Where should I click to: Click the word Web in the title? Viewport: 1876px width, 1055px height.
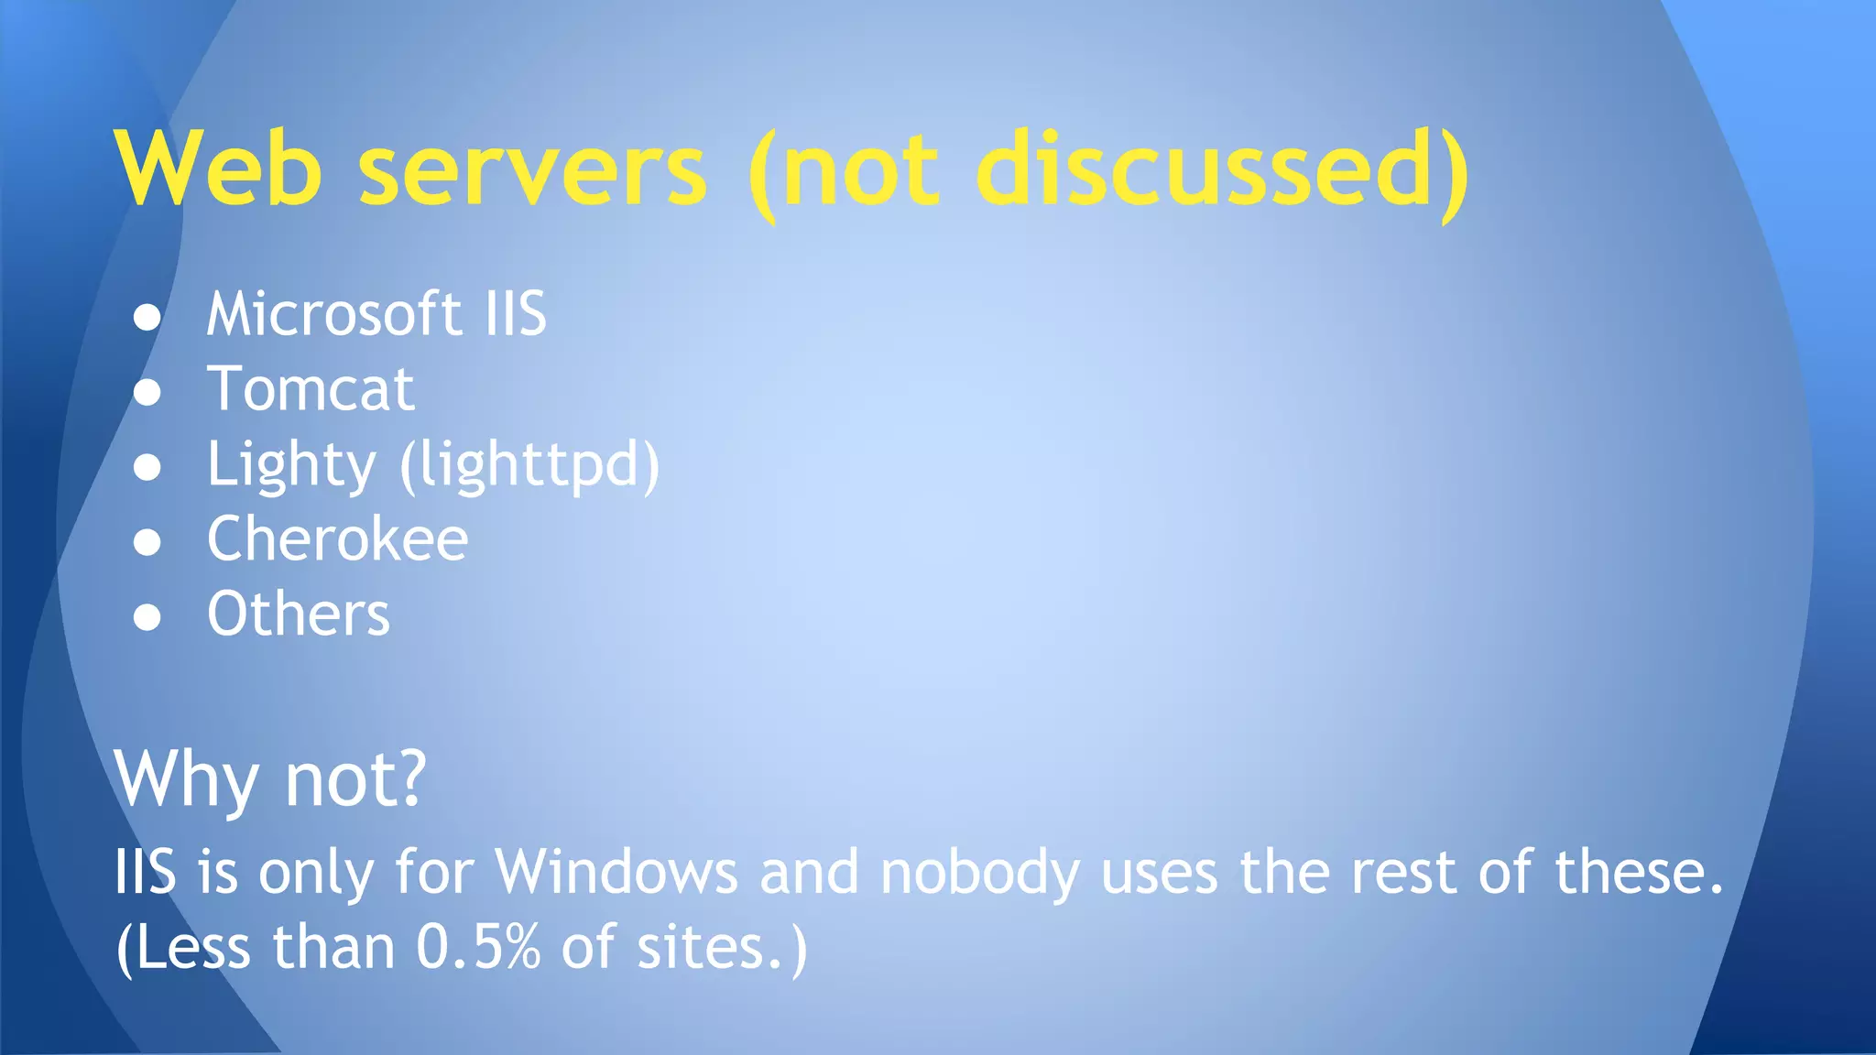pos(219,169)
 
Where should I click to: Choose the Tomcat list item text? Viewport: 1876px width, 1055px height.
pos(311,389)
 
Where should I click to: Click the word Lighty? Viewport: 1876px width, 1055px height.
pos(291,465)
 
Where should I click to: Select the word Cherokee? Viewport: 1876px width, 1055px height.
pos(337,539)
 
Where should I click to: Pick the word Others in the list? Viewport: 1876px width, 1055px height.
pos(299,615)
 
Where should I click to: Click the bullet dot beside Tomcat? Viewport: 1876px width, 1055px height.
pos(147,392)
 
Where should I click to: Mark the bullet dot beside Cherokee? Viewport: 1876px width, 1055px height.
pos(147,542)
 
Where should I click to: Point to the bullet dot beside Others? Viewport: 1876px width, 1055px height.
pos(147,617)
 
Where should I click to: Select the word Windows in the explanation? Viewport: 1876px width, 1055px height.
pos(616,871)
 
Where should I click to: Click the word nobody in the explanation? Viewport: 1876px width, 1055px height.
pos(979,873)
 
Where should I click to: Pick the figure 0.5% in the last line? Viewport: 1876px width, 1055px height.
pos(478,947)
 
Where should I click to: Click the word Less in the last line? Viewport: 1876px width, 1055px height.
pos(193,947)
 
